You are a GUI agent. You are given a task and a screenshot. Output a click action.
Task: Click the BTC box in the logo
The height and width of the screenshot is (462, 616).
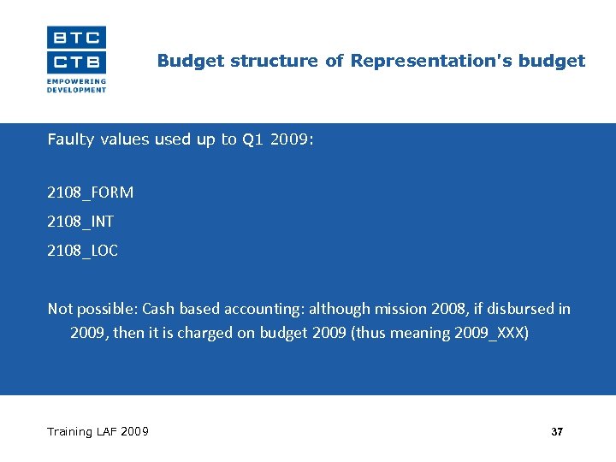[77, 37]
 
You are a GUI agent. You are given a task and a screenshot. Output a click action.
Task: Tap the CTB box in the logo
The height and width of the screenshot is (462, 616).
[77, 62]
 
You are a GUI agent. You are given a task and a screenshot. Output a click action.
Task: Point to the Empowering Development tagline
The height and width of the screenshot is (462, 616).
[76, 86]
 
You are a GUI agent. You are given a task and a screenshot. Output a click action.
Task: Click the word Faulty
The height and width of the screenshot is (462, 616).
[72, 139]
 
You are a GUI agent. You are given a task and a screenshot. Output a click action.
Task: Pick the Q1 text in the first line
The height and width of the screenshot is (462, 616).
[253, 139]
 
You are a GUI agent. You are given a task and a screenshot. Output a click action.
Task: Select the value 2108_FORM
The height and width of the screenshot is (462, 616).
[91, 192]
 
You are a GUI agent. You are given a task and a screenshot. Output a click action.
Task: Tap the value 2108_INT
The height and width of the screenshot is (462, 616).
[80, 222]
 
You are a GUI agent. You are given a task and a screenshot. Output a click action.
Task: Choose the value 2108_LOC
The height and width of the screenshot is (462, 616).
[83, 251]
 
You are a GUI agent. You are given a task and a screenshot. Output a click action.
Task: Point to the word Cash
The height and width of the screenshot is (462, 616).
[159, 309]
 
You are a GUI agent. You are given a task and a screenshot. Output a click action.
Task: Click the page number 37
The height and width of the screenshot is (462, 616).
[557, 432]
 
